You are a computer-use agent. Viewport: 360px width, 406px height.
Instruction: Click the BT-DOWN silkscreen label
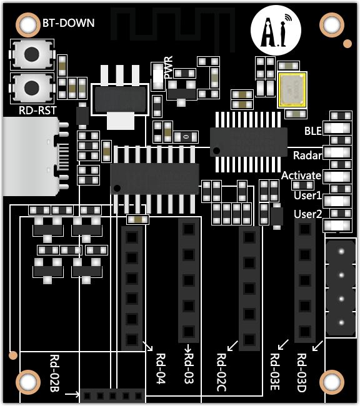point(68,23)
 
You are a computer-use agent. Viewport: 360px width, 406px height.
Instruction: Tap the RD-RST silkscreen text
point(37,111)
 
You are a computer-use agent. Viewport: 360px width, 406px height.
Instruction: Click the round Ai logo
point(276,31)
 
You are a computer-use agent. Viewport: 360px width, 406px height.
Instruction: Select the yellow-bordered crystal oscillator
point(292,90)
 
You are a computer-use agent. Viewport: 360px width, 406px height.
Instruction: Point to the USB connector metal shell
point(31,156)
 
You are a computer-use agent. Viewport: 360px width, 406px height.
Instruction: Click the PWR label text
point(168,67)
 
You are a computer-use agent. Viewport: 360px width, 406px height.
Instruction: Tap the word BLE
point(313,131)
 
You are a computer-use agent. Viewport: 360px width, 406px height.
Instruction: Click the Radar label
point(307,156)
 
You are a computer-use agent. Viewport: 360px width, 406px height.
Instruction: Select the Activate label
point(301,176)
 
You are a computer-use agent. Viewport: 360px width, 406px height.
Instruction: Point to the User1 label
point(307,196)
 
